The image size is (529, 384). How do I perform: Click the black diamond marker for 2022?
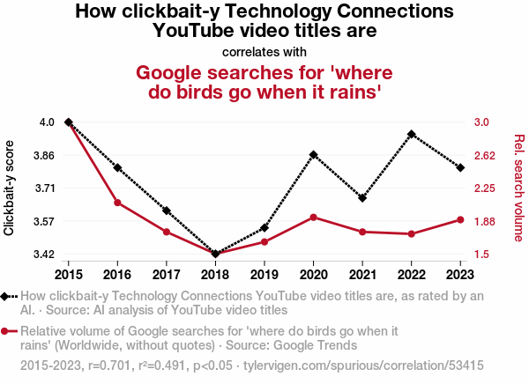[411, 134]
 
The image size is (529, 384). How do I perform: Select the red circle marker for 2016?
[117, 203]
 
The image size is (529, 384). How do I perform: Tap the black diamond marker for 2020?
[313, 155]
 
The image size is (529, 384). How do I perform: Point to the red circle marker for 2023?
[460, 220]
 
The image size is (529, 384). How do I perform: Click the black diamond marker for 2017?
[167, 210]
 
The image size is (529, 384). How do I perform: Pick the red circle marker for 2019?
[264, 241]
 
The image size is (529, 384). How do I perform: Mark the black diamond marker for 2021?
[362, 198]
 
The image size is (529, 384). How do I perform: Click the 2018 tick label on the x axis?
[215, 275]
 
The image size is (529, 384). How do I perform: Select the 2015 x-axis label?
[69, 275]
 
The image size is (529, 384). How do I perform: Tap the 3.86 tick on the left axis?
[44, 155]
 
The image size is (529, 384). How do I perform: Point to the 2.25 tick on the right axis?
[485, 188]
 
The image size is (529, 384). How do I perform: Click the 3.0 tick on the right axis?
[481, 122]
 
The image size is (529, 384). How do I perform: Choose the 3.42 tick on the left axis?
[44, 254]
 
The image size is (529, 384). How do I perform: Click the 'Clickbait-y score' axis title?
[9, 188]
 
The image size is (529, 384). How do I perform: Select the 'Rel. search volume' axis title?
[519, 188]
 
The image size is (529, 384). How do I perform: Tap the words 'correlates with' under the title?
[264, 52]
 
